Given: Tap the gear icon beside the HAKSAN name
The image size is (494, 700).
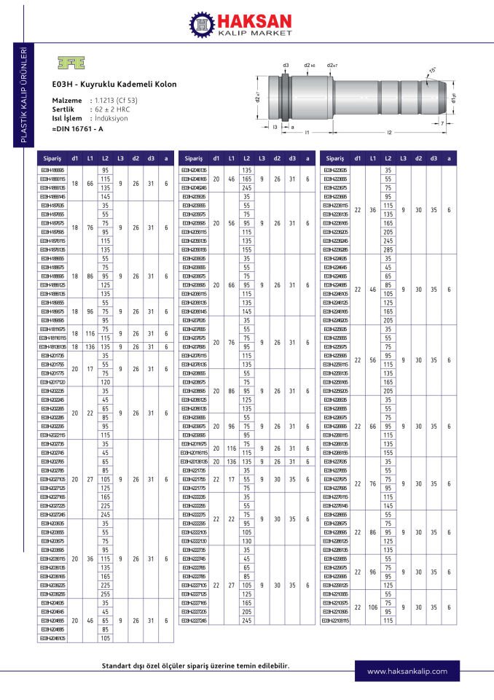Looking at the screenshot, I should (203, 27).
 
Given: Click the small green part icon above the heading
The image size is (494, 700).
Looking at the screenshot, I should (68, 63).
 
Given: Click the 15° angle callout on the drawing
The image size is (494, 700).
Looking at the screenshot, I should (433, 70).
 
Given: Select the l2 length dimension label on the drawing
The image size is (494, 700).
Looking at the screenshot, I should (390, 133).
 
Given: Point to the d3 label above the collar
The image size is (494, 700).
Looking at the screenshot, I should (286, 65).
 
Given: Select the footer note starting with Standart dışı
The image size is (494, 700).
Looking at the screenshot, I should (195, 666).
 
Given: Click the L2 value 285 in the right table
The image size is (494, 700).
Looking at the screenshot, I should (388, 249).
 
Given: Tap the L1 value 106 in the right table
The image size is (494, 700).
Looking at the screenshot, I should (373, 606).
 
